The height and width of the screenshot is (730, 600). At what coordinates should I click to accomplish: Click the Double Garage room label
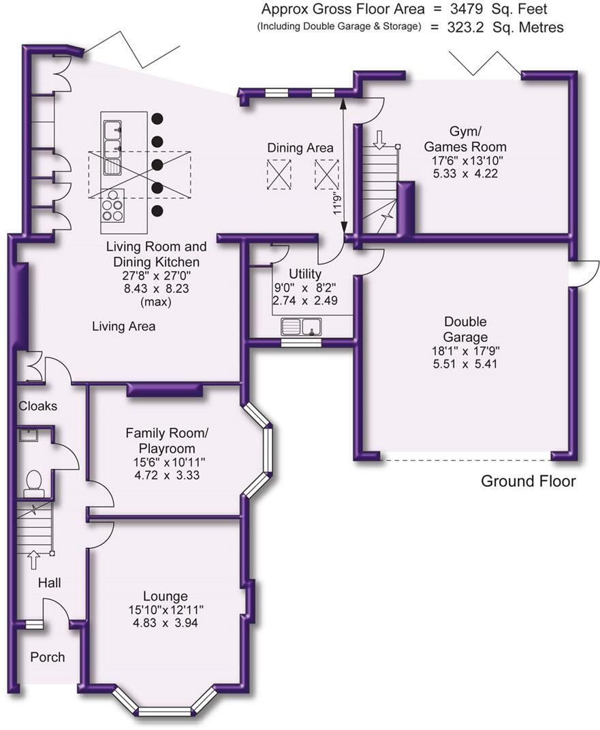pyautogui.click(x=465, y=329)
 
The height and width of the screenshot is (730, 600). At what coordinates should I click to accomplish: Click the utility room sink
pyautogui.click(x=301, y=327)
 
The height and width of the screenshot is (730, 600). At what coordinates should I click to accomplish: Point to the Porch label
pyautogui.click(x=48, y=657)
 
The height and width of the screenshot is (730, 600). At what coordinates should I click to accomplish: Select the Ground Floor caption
pyautogui.click(x=528, y=481)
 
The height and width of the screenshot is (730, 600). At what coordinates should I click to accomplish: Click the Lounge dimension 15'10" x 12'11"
pyautogui.click(x=165, y=609)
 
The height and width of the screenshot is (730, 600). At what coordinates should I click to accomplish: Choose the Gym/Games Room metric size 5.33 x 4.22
pyautogui.click(x=465, y=174)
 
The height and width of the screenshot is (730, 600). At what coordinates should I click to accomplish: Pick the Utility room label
pyautogui.click(x=305, y=273)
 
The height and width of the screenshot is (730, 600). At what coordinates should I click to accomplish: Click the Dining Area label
pyautogui.click(x=300, y=148)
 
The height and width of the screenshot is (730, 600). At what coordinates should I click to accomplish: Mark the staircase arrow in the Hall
pyautogui.click(x=33, y=560)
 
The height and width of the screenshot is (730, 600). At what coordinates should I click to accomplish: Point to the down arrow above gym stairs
pyautogui.click(x=380, y=140)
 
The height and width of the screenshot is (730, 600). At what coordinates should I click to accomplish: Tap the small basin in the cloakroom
pyautogui.click(x=27, y=436)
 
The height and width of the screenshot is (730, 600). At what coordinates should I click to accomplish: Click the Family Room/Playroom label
pyautogui.click(x=167, y=441)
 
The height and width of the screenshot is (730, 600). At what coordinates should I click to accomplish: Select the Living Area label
pyautogui.click(x=124, y=326)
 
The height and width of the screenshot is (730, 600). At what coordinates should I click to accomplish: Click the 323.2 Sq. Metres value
pyautogui.click(x=505, y=27)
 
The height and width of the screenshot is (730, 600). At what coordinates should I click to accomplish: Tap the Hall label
pyautogui.click(x=49, y=582)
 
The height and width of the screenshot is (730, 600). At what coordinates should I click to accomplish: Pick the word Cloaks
pyautogui.click(x=38, y=406)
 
